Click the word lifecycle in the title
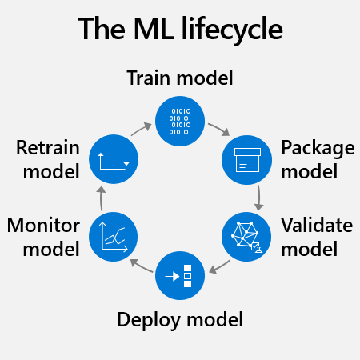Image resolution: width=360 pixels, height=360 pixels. point(232,29)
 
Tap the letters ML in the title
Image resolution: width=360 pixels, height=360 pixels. point(154,28)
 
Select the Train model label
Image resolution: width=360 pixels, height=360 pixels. point(180,78)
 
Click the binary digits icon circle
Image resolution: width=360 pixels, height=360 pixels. point(180,121)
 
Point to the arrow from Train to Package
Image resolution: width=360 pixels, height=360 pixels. point(219,129)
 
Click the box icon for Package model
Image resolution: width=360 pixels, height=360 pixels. point(247,160)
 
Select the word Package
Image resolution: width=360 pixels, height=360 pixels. point(318,149)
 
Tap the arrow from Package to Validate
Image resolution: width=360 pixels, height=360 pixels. point(259,198)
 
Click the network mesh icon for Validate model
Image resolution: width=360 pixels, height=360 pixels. point(246,237)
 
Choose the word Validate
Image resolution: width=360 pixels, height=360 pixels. point(317,226)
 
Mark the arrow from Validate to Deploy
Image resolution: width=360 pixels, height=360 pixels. point(219,267)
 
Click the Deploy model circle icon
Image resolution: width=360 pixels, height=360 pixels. point(180,275)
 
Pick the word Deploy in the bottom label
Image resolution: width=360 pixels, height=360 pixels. point(149,320)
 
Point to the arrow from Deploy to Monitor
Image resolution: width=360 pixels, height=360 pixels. point(142,266)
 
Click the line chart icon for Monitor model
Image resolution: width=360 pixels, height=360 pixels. point(114,237)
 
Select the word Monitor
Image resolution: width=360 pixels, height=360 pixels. point(43,226)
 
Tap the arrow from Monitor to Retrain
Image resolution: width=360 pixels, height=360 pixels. point(101,198)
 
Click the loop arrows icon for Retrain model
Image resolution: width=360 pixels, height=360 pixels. point(114,159)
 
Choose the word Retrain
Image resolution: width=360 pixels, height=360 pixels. point(48,147)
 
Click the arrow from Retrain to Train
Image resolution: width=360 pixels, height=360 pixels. point(142,129)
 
